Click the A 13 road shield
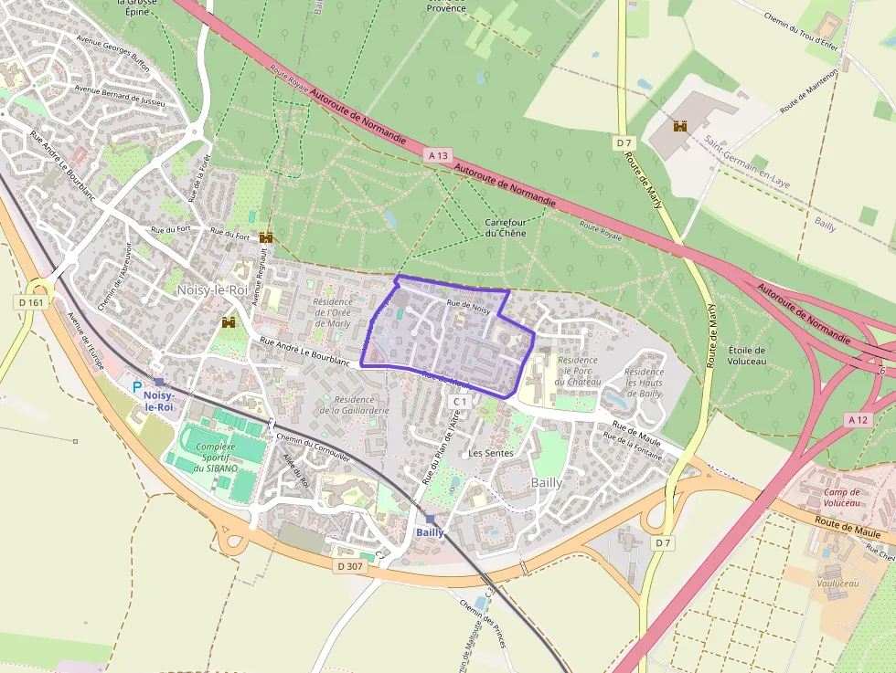[438, 156]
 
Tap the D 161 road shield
[30, 302]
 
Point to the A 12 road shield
[858, 420]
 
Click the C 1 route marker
[460, 401]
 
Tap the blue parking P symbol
[137, 387]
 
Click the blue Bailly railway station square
[430, 520]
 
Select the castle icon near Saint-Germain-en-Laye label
[679, 126]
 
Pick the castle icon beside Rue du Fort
[266, 237]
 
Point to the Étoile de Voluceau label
[747, 355]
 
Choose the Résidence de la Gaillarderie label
[354, 405]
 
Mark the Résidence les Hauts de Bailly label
[644, 383]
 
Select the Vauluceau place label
[838, 558]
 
